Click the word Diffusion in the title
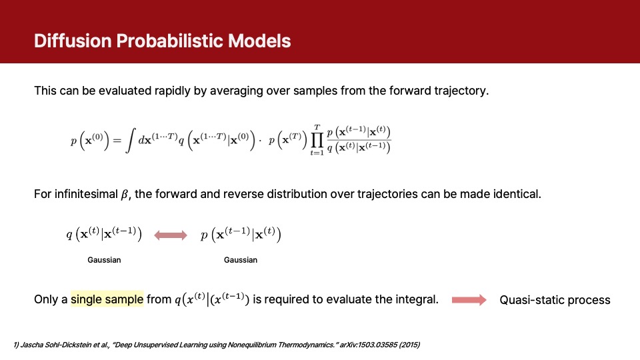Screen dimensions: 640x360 73,41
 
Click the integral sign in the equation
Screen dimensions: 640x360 130,141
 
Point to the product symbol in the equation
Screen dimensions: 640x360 317,140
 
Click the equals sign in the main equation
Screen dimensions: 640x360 117,141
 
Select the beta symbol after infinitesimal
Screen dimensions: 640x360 125,194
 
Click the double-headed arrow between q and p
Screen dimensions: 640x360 171,235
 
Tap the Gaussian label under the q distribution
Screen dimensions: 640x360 104,260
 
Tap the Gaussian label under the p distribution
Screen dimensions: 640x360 241,260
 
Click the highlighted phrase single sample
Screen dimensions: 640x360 107,299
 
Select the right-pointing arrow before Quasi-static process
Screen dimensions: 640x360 469,300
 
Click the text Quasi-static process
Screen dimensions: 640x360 555,300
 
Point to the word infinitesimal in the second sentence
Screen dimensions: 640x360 86,194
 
